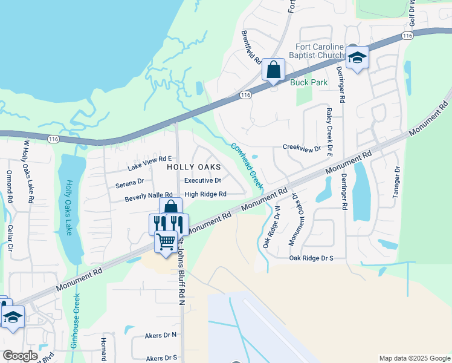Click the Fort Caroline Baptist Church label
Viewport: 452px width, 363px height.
click(x=320, y=53)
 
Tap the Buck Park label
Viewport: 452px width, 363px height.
click(x=308, y=82)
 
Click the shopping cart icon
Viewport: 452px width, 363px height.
click(x=166, y=242)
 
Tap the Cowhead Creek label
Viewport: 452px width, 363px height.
click(x=247, y=165)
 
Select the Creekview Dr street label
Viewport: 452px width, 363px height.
click(x=301, y=148)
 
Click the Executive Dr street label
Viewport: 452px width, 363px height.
click(x=202, y=180)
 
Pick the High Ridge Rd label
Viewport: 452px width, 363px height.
click(x=205, y=194)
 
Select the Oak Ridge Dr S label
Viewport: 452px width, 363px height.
click(x=311, y=258)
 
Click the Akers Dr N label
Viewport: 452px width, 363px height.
click(x=161, y=335)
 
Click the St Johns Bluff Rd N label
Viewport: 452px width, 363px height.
click(x=181, y=272)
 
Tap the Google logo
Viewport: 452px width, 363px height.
click(x=21, y=356)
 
